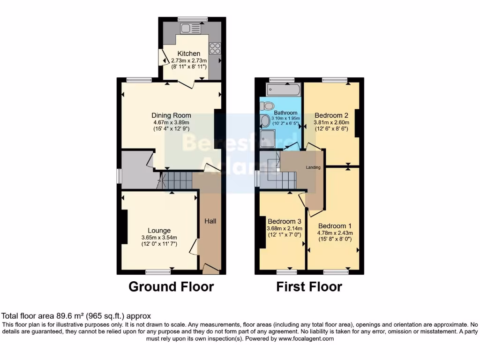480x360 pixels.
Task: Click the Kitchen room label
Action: (189, 54)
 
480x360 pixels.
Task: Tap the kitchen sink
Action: (190, 28)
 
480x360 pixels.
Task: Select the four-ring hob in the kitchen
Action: (215, 47)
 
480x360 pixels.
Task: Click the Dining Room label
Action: (171, 115)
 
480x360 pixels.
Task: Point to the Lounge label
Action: (159, 230)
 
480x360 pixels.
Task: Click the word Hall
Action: (210, 221)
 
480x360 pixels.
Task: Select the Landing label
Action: (314, 167)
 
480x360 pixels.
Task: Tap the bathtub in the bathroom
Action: (283, 90)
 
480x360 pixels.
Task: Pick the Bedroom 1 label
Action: (335, 226)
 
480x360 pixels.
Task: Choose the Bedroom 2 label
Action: (331, 115)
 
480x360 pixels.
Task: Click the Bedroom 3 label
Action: (284, 221)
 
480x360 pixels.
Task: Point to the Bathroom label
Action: (286, 113)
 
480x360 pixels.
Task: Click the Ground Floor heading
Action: (171, 286)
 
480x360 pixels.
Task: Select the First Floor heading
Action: (309, 286)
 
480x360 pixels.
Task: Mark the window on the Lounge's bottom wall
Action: (157, 272)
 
